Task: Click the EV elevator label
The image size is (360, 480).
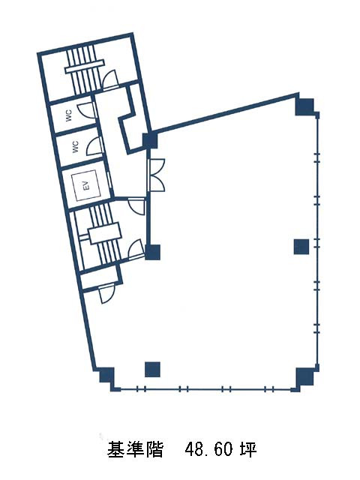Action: tap(87, 185)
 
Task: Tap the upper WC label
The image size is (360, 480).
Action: tap(69, 115)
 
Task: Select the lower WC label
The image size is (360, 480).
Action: tap(76, 147)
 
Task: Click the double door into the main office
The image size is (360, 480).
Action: tap(156, 175)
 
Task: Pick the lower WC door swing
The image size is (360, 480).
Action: tap(94, 146)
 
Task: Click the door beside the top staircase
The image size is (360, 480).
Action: tap(110, 79)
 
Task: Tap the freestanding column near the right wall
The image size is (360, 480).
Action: tap(301, 247)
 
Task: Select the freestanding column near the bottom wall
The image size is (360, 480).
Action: tap(152, 370)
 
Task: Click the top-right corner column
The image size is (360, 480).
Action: tap(305, 106)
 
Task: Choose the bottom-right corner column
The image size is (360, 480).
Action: tap(305, 376)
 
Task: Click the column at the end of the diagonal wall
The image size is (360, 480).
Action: tap(151, 140)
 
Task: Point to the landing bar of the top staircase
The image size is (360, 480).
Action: tap(85, 67)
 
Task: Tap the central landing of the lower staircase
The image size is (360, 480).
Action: tap(105, 233)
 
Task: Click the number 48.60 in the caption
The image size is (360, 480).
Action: tap(208, 450)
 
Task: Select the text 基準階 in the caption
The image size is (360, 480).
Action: tap(135, 450)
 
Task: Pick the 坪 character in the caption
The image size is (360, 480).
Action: tap(248, 449)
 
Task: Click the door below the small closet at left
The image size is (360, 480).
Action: tap(106, 294)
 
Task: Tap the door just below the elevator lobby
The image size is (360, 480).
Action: tap(136, 206)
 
